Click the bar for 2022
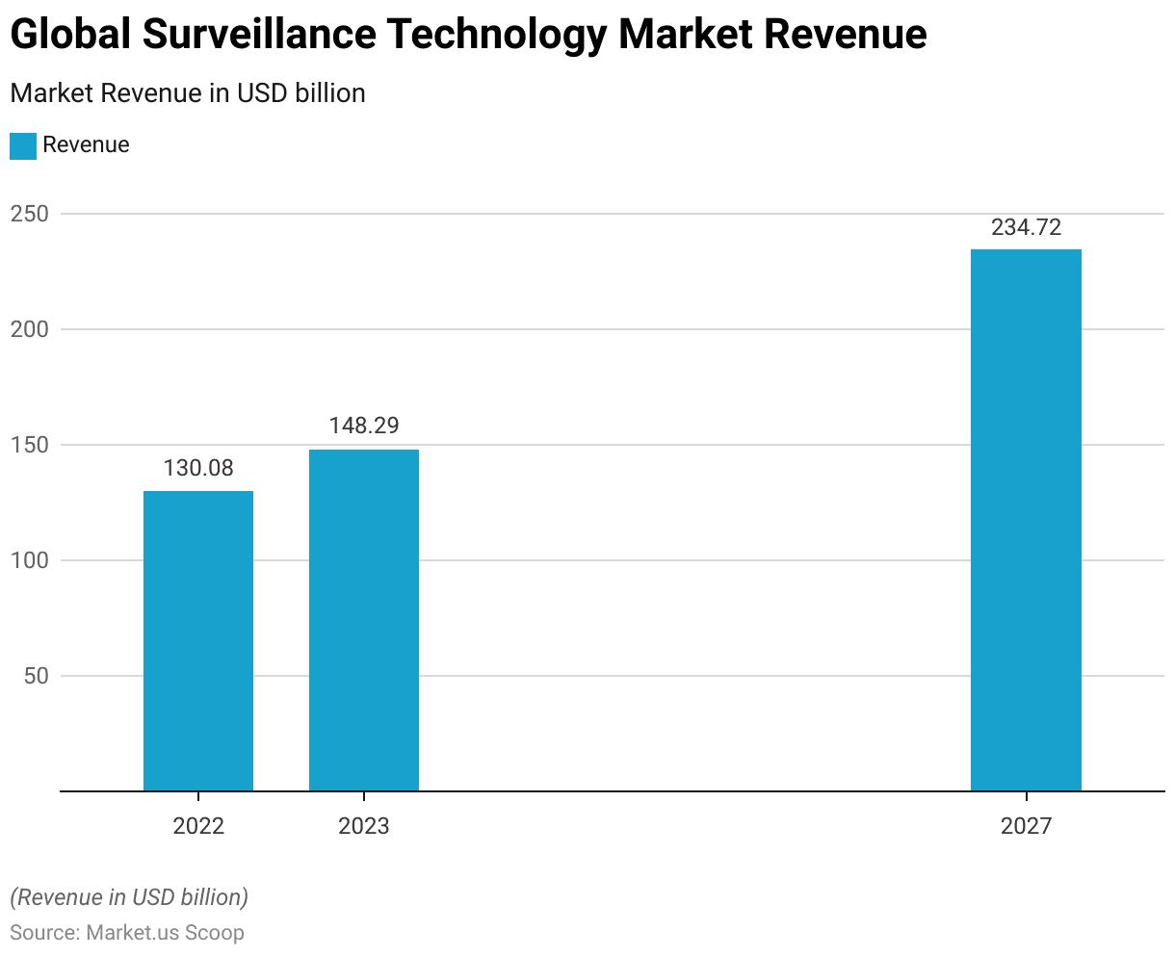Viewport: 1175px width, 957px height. click(x=198, y=641)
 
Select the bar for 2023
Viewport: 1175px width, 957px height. click(x=364, y=620)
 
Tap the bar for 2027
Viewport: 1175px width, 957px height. click(x=1026, y=520)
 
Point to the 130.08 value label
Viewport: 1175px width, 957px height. click(x=198, y=469)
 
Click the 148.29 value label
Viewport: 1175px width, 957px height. click(x=364, y=426)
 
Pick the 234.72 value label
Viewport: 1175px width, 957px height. click(x=1026, y=227)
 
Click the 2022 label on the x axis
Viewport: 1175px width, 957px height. click(x=198, y=826)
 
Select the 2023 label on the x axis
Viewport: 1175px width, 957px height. click(x=364, y=826)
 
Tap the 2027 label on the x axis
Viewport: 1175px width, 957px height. click(x=1026, y=826)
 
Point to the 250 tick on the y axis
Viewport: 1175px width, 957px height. click(x=29, y=214)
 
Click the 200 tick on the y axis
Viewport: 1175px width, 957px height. click(x=29, y=329)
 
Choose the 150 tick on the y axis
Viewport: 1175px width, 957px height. click(x=29, y=445)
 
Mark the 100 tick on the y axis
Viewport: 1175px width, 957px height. click(x=29, y=560)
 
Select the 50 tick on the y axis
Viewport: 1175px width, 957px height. click(x=35, y=676)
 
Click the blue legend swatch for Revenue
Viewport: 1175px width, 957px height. click(x=23, y=145)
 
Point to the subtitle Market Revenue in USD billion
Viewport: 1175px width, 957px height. click(x=188, y=93)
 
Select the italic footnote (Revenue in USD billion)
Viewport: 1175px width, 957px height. click(x=129, y=897)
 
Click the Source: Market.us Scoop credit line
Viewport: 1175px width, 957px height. click(x=127, y=933)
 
